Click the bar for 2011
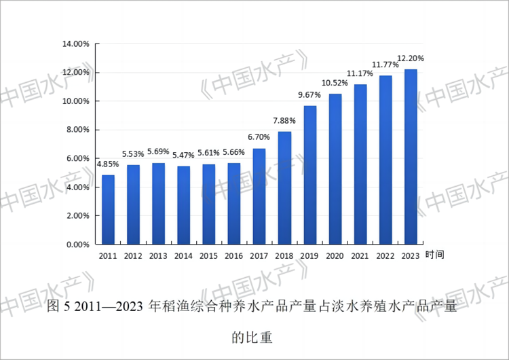109,209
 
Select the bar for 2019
310,175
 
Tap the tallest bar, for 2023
411,156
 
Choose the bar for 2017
259,196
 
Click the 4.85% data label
109,164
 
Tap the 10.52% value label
335,83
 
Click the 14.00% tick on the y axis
76,44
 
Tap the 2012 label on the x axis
134,257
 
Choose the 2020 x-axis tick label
335,257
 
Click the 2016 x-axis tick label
234,257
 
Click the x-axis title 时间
435,255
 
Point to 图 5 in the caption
59,307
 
